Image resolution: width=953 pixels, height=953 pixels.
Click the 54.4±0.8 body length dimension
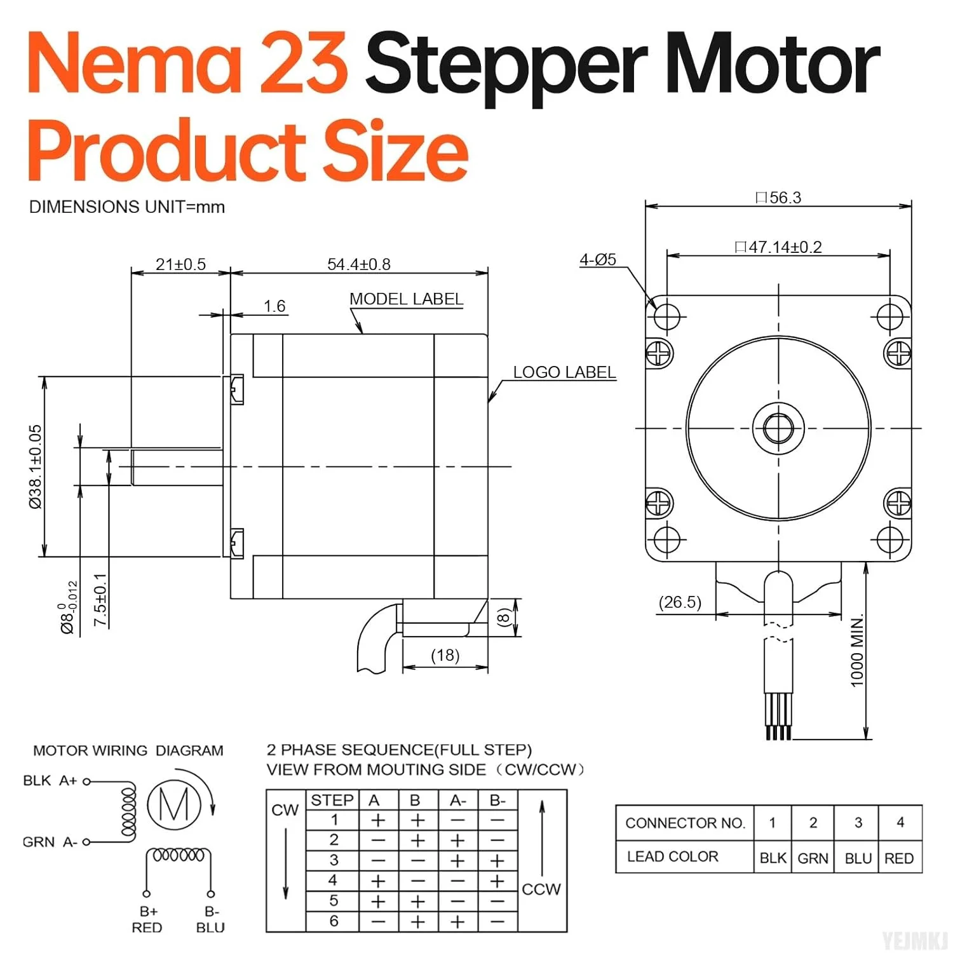(x=358, y=264)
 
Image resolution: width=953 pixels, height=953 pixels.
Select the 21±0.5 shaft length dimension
(x=180, y=264)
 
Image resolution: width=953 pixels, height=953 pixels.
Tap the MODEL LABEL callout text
(x=406, y=299)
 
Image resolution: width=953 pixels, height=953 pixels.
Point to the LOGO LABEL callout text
(x=564, y=372)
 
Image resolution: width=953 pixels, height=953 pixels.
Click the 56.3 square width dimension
(x=779, y=198)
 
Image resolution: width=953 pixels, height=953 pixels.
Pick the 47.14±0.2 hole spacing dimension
(x=779, y=247)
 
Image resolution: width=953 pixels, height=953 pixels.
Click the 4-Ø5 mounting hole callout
(x=597, y=259)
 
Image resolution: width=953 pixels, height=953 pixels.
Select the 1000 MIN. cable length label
(x=857, y=650)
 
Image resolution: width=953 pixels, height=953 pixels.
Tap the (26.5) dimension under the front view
(x=680, y=602)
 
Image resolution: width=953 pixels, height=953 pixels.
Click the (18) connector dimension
(x=445, y=655)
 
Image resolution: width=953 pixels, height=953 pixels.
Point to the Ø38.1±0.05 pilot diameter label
(x=36, y=466)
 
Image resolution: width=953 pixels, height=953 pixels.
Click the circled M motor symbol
(x=174, y=805)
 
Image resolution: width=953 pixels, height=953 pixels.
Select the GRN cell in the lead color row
(x=813, y=858)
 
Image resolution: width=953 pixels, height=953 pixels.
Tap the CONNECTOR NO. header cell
(x=685, y=823)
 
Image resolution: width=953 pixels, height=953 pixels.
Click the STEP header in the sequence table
(x=332, y=801)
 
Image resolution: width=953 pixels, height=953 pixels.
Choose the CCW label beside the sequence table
(x=541, y=889)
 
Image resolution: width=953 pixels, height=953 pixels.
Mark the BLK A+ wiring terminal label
(x=50, y=781)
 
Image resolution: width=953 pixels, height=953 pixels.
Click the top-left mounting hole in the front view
(x=666, y=316)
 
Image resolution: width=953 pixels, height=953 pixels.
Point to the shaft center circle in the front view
(x=778, y=428)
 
